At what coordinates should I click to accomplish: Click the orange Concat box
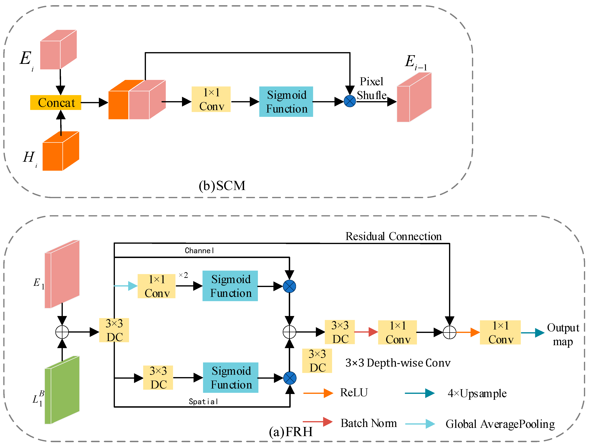pos(56,103)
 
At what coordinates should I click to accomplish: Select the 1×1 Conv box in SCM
pos(211,99)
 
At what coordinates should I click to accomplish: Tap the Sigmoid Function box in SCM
pos(286,102)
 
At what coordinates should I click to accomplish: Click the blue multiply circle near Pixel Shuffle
pos(350,101)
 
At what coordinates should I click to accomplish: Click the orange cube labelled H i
pos(61,151)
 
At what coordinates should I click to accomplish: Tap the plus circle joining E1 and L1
pos(62,332)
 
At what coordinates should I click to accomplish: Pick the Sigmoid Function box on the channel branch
pos(230,286)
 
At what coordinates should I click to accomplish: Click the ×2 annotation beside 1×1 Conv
pos(183,275)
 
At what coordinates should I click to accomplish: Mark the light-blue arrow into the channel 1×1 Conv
pos(126,286)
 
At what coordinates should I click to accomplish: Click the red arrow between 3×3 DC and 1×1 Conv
pos(366,332)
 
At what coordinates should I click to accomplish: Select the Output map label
pos(563,334)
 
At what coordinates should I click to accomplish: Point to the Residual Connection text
pos(393,236)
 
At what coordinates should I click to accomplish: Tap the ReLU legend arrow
pos(318,393)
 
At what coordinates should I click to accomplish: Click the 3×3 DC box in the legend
pos(317,361)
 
